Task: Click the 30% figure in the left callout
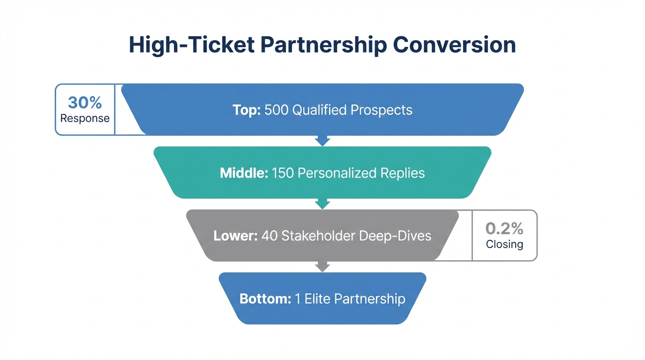pyautogui.click(x=85, y=102)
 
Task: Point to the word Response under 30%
pyautogui.click(x=85, y=118)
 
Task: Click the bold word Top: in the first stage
pyautogui.click(x=247, y=110)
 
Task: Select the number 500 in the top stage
pyautogui.click(x=277, y=110)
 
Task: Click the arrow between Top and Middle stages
pyautogui.click(x=322, y=140)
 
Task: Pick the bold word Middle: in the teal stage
pyautogui.click(x=244, y=173)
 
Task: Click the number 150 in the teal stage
pyautogui.click(x=283, y=173)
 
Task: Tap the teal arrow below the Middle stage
pyautogui.click(x=322, y=203)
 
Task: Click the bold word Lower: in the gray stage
pyautogui.click(x=235, y=235)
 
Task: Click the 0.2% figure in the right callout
pyautogui.click(x=504, y=228)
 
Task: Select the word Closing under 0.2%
pyautogui.click(x=504, y=244)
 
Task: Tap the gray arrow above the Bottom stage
pyautogui.click(x=322, y=266)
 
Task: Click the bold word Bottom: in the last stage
pyautogui.click(x=265, y=299)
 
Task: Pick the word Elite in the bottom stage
pyautogui.click(x=317, y=299)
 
